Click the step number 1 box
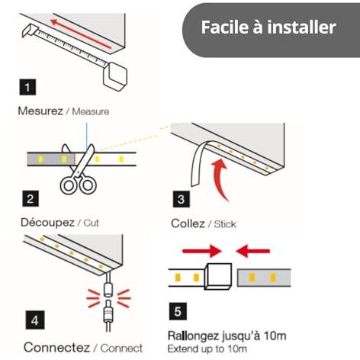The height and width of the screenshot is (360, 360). pos(27,87)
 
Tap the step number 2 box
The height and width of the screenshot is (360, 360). pos(31,198)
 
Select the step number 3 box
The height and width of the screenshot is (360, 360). pos(182,199)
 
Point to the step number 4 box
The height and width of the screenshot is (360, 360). pos(35,320)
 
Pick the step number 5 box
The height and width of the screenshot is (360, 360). pos(178,311)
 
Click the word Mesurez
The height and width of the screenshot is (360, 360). pos(40,111)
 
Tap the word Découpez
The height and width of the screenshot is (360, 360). pos(47,223)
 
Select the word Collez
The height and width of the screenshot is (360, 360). pos(188,223)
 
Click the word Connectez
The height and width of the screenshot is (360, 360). pos(56,347)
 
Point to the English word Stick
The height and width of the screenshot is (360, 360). pos(225,224)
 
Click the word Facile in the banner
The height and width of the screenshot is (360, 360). pos(224,27)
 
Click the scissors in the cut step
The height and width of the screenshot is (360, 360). pos(79,169)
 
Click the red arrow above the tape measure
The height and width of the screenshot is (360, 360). pos(81,34)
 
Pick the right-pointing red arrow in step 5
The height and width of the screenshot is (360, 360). pos(202,251)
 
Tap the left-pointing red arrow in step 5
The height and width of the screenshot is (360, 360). pos(252,251)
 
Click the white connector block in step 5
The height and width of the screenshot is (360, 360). pos(218,276)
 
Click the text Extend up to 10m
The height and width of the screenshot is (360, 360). pos(207,349)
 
